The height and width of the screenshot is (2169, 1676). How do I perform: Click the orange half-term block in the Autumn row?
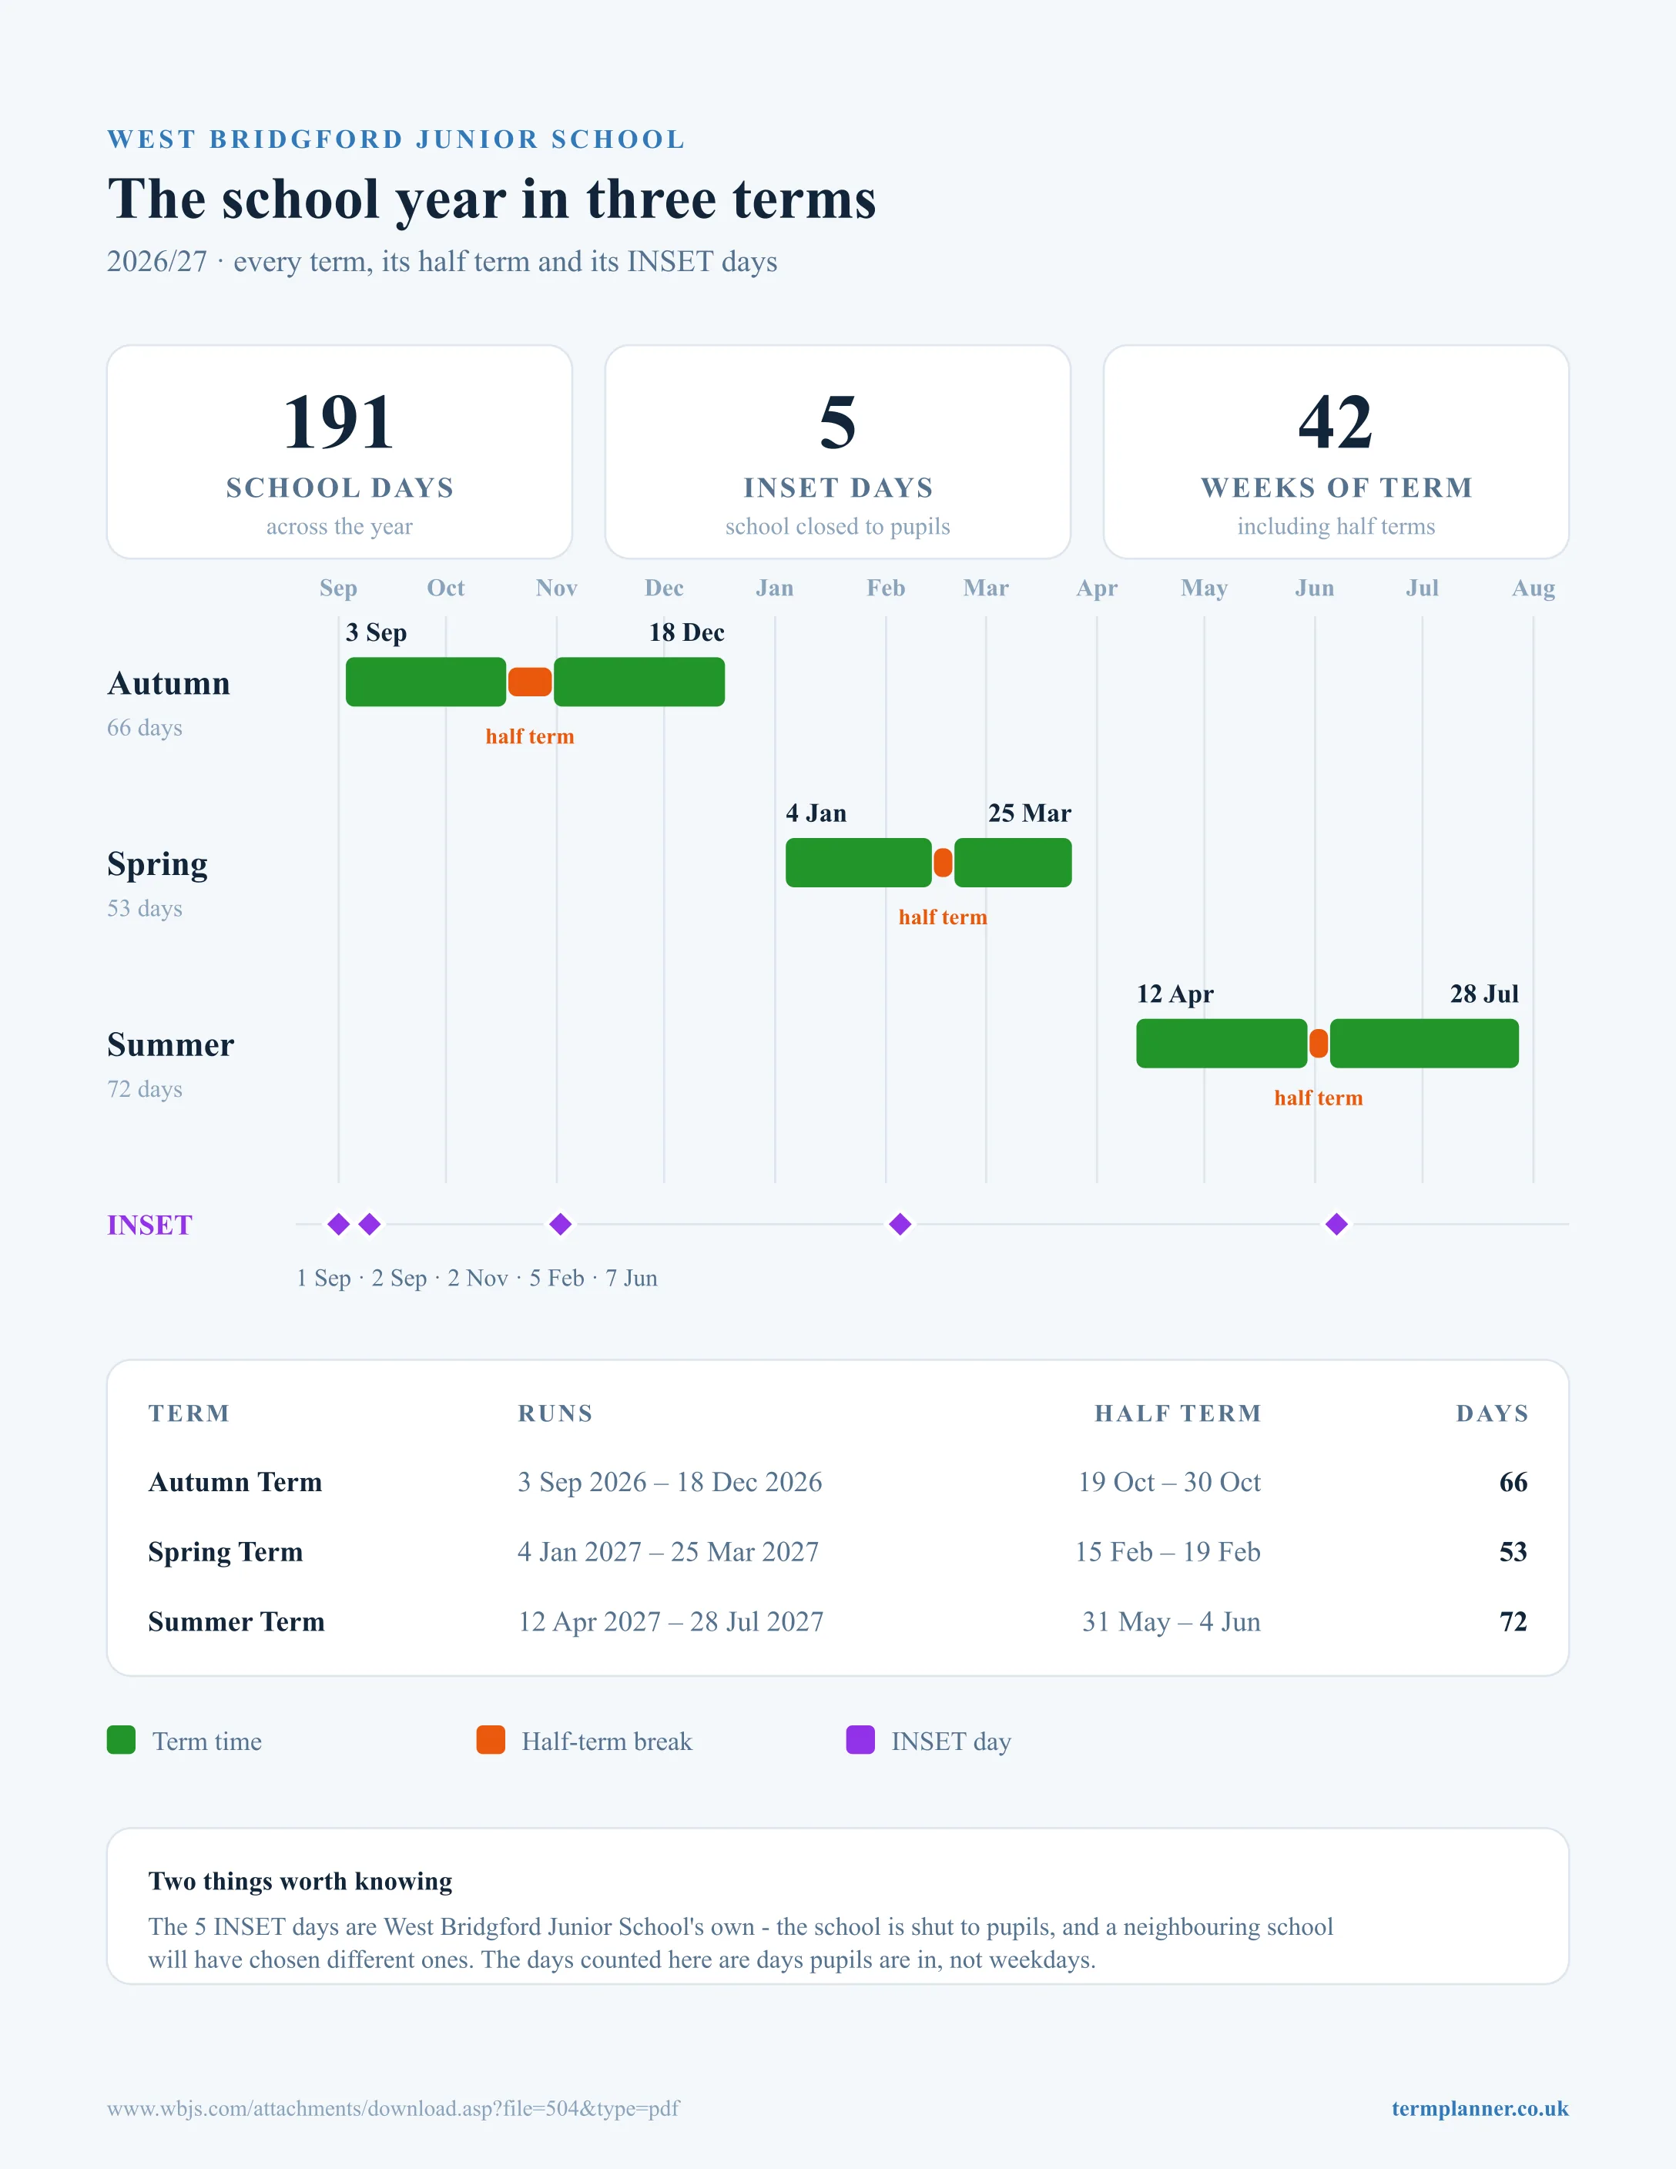pos(529,682)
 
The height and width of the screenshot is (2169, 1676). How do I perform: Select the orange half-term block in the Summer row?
pos(1319,1044)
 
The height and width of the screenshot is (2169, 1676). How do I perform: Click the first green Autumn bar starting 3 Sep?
pos(426,682)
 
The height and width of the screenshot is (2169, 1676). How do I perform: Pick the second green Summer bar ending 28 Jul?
pos(1424,1044)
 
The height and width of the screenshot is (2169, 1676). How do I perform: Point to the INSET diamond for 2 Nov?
pos(560,1225)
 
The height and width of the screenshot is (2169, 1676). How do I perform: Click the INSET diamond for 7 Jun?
pos(1336,1225)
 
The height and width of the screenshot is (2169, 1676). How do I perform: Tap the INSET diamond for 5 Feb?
pos(900,1225)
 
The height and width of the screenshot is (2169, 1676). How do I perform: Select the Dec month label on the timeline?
pos(664,588)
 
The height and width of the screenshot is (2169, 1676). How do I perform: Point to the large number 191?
pos(340,422)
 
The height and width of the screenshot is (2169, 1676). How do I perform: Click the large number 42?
pos(1336,422)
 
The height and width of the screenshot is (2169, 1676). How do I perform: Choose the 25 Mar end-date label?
pos(1030,813)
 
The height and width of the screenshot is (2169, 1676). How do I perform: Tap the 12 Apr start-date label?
pos(1175,995)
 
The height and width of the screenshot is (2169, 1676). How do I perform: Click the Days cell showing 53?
pos(1513,1551)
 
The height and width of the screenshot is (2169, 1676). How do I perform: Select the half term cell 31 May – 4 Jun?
pos(1172,1622)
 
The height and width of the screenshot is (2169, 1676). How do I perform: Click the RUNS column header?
pos(555,1413)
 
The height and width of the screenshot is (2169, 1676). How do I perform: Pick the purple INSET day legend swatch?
pos(861,1740)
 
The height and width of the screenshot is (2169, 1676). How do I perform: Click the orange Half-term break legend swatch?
pos(491,1740)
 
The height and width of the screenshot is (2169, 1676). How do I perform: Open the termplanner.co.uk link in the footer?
pos(1480,2108)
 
